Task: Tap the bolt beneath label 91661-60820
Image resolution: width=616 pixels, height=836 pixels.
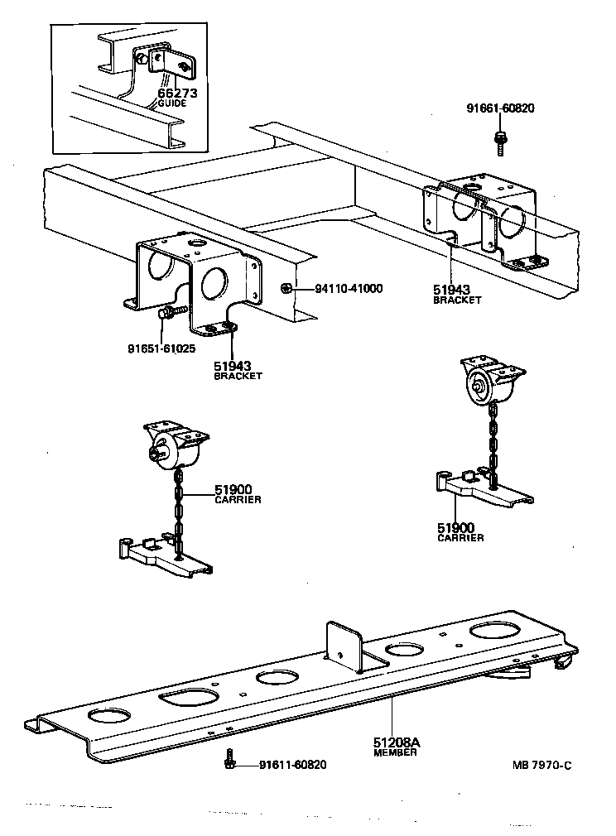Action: point(502,142)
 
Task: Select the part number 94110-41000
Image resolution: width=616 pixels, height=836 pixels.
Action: point(349,290)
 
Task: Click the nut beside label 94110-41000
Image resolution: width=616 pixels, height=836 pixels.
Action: point(285,289)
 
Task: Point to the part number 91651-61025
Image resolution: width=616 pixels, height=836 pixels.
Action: point(161,348)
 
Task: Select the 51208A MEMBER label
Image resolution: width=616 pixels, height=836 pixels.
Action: point(396,747)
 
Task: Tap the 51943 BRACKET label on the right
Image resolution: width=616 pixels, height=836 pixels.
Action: point(457,295)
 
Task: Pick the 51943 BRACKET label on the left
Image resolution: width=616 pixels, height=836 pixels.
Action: point(238,369)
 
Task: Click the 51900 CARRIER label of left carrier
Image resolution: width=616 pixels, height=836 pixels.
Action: point(238,494)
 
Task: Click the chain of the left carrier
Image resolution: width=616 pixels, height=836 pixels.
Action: point(177,513)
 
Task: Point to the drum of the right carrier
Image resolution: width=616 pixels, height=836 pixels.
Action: point(481,387)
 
